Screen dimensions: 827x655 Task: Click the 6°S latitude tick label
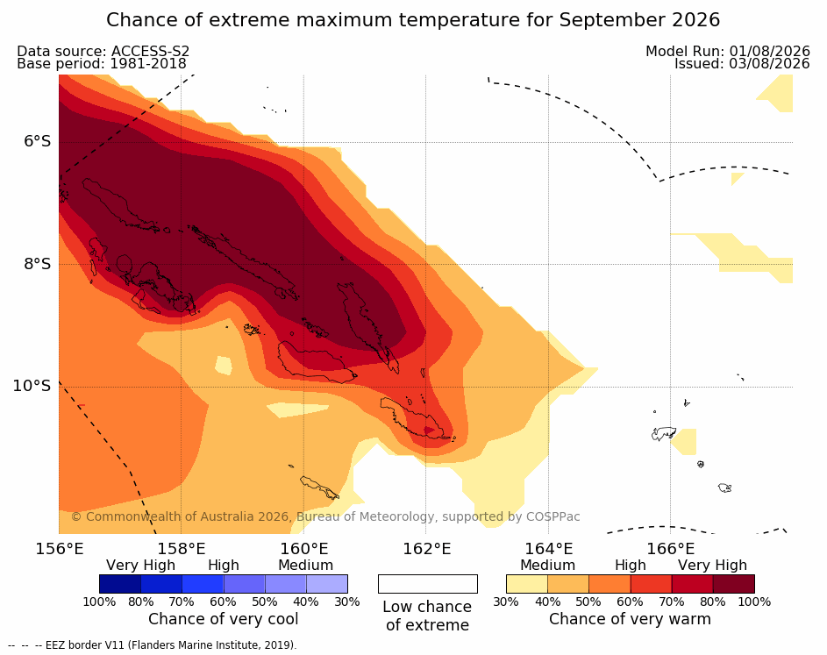tap(38, 141)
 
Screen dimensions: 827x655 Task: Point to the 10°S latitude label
tap(32, 386)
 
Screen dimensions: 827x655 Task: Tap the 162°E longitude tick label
tap(426, 549)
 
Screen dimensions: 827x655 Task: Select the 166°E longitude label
tap(670, 549)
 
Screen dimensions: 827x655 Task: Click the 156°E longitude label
tap(59, 549)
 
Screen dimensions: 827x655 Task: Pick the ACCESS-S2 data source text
tap(150, 51)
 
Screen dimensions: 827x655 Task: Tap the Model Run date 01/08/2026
tap(769, 51)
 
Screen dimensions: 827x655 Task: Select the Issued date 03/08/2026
tap(769, 64)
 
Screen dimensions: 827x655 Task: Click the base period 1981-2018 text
tap(147, 64)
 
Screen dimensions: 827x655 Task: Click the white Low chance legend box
tap(428, 584)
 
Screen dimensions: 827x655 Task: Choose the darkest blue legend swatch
tap(120, 584)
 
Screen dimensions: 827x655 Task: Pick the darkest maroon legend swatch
tap(734, 584)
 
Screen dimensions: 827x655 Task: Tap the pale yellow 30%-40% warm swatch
tap(527, 584)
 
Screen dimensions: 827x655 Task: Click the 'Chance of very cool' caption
tap(223, 619)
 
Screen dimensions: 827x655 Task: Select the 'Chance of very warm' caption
tap(630, 619)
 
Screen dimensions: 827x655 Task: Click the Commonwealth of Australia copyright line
tap(325, 516)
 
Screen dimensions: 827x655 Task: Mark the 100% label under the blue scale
tap(99, 602)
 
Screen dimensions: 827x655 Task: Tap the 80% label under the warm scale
tap(713, 602)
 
